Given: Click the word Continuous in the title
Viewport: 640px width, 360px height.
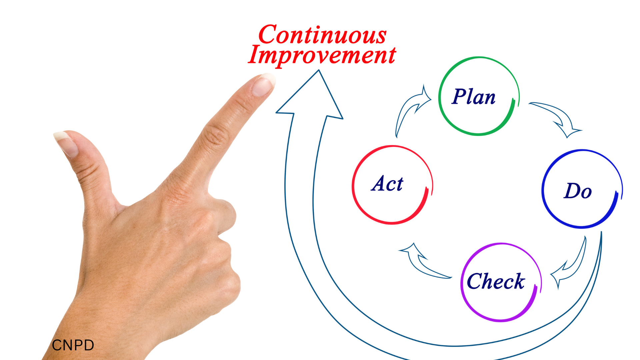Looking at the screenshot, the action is pos(322,35).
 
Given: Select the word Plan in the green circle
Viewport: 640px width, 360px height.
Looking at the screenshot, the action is pos(473,97).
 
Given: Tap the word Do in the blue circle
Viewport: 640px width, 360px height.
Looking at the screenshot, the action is pos(578,191).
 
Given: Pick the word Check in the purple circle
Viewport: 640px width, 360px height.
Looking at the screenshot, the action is pos(496,281).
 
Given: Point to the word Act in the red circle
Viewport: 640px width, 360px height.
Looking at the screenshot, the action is pos(387,183).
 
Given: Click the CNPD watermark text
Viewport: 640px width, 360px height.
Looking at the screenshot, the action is pos(73,345).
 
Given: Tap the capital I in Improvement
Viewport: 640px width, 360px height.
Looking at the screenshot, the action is pos(256,54).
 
